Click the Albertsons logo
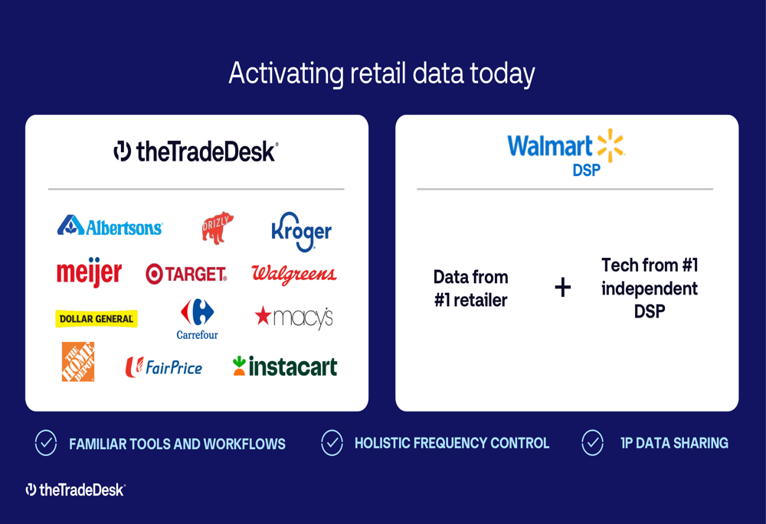point(110,226)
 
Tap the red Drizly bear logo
point(218,227)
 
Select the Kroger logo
point(301,232)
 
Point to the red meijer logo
point(89,272)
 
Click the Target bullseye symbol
point(154,274)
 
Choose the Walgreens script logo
point(294,275)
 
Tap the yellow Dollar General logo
point(97,318)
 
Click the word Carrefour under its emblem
point(198,335)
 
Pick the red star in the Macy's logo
point(263,315)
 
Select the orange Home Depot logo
point(78,362)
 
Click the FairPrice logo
point(164,367)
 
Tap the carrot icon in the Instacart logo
point(239,366)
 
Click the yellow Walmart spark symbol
point(611,145)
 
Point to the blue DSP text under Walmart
point(587,171)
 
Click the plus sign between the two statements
point(563,287)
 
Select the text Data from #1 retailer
point(471,288)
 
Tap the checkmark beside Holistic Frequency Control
point(332,442)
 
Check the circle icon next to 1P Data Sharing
point(593,442)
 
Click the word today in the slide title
point(502,74)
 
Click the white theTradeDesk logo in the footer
point(76,490)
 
